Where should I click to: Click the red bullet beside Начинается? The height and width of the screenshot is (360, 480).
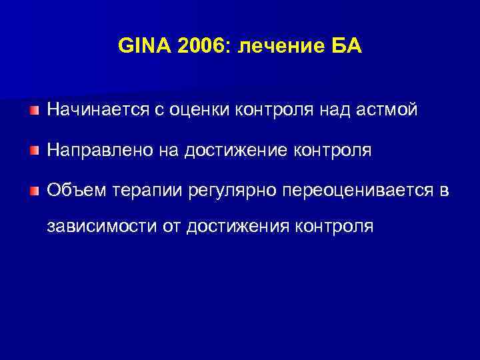pyautogui.click(x=34, y=109)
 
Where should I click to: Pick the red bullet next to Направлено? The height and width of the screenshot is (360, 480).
pyautogui.click(x=34, y=151)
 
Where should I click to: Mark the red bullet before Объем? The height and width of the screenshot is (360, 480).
pyautogui.click(x=34, y=192)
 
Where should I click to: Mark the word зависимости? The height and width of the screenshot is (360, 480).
pyautogui.click(x=101, y=226)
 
